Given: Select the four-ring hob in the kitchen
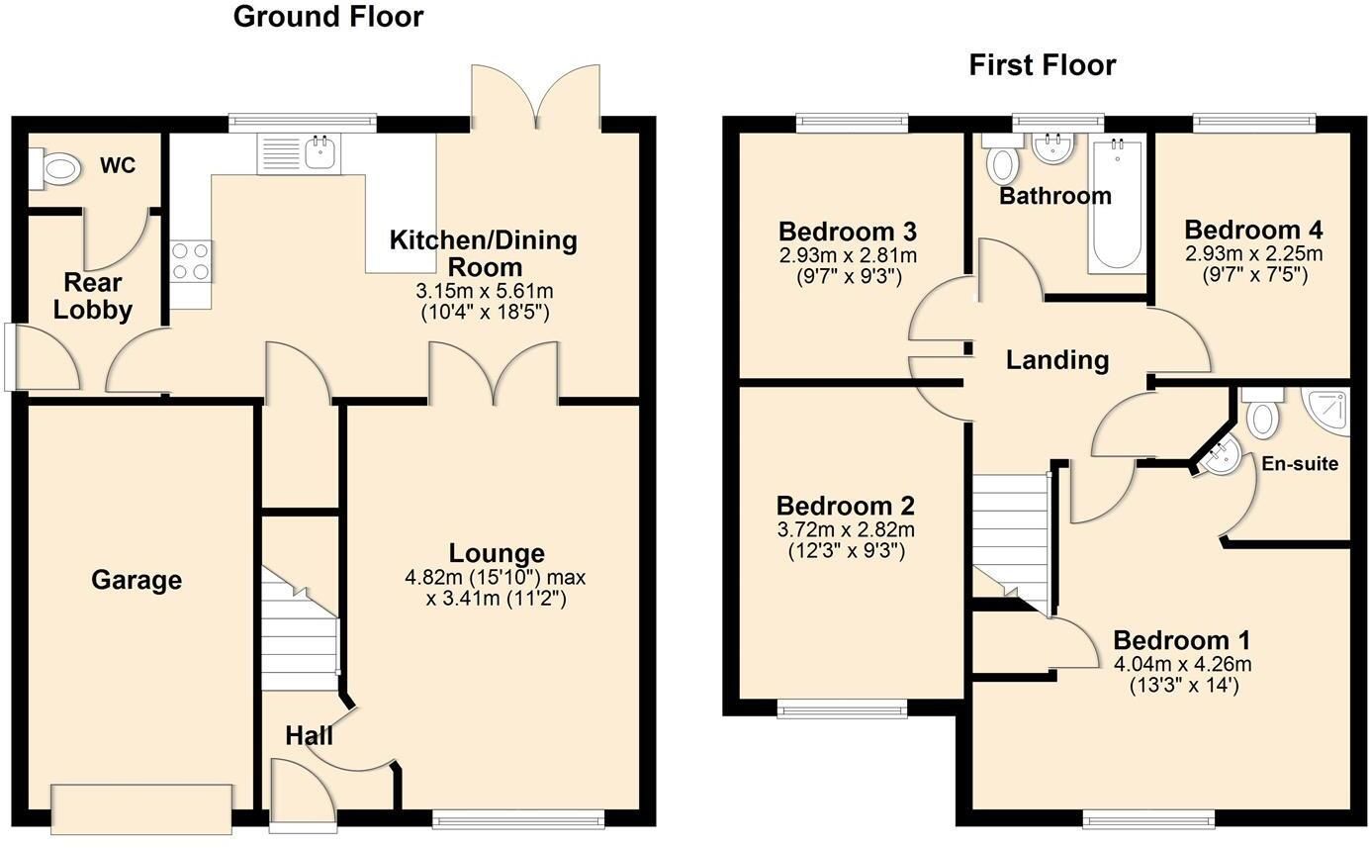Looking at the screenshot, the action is (x=191, y=261).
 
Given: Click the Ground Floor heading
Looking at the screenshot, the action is (x=328, y=17).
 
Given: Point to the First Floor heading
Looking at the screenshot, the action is (x=1043, y=65).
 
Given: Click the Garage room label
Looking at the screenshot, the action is (x=137, y=580).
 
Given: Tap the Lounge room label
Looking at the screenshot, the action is (x=497, y=553).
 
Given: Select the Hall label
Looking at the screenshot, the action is (x=310, y=735).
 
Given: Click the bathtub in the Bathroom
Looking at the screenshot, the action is (x=1117, y=206).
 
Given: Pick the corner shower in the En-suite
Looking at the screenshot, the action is (x=1327, y=411).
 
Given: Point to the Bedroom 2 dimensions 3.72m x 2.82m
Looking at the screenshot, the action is (x=846, y=529).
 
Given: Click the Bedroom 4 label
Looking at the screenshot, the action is (x=1253, y=230).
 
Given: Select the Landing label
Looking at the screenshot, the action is (x=1057, y=360).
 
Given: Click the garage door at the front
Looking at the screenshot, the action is (x=141, y=808).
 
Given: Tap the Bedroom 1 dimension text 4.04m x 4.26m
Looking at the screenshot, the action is (x=1183, y=664).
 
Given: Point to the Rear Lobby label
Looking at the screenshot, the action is (x=93, y=296).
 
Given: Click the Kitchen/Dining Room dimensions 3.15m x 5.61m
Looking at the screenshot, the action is (x=485, y=290).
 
